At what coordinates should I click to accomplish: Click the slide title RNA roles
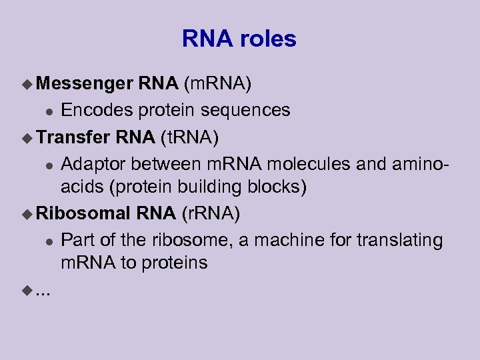click(239, 39)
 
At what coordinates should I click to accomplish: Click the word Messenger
click(85, 83)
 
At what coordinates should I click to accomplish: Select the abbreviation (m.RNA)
click(217, 83)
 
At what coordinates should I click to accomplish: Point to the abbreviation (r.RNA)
click(211, 213)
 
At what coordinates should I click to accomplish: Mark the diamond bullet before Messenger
click(27, 84)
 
